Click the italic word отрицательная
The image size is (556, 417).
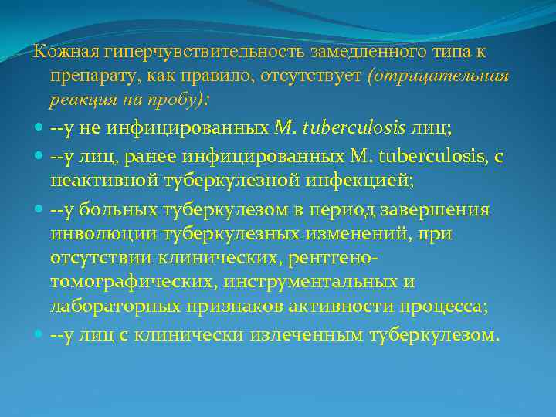point(438,77)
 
